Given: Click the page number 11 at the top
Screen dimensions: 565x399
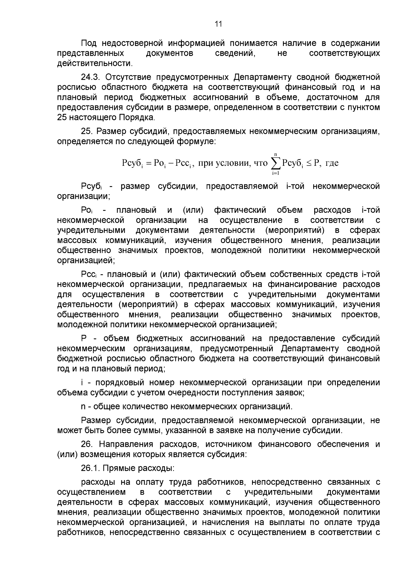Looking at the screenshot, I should [x=218, y=24].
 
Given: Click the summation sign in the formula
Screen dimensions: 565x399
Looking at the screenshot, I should [x=276, y=163].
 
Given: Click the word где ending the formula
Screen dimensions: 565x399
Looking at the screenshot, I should [x=332, y=163].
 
